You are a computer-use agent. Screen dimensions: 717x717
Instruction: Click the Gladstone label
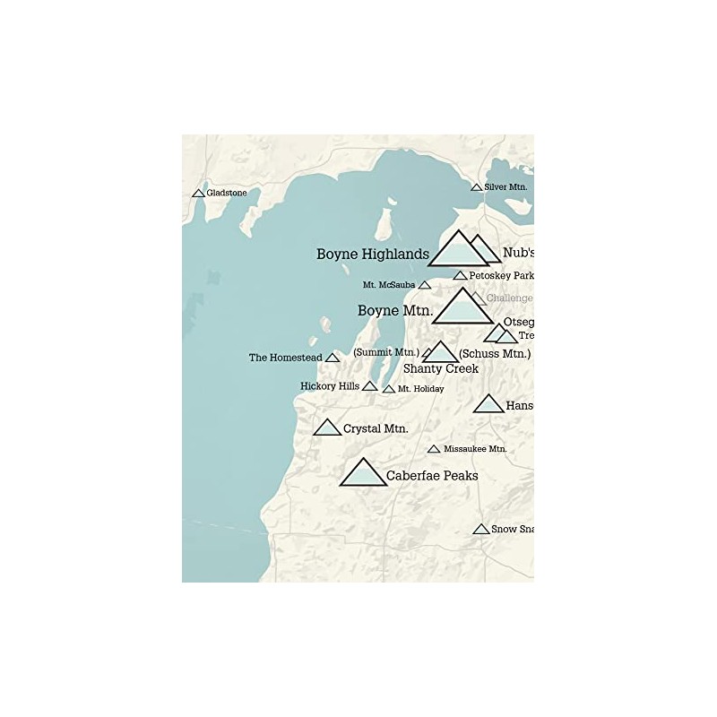click(227, 193)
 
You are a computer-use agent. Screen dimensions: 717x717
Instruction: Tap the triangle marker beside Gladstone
click(198, 194)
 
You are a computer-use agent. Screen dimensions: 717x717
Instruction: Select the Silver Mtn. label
click(505, 186)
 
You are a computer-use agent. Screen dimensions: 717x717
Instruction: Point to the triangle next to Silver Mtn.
click(477, 187)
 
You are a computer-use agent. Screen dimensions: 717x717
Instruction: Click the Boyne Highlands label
click(372, 255)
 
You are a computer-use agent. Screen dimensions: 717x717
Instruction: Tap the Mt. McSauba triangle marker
click(425, 285)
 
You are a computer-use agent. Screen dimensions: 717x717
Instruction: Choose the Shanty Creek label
click(440, 368)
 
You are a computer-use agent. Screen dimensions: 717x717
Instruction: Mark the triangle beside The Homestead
click(333, 358)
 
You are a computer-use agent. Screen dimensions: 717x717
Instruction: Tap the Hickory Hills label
click(330, 386)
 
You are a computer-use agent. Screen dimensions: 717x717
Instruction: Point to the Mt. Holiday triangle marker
click(389, 389)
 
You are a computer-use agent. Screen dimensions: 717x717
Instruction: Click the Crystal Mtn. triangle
click(327, 428)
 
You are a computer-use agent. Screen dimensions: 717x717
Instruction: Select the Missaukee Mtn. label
click(475, 448)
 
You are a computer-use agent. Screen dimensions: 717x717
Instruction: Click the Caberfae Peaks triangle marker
click(363, 474)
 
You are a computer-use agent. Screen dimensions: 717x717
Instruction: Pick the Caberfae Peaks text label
click(432, 475)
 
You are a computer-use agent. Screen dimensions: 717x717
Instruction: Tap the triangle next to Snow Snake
click(481, 529)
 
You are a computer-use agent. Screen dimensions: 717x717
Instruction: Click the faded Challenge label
click(509, 298)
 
